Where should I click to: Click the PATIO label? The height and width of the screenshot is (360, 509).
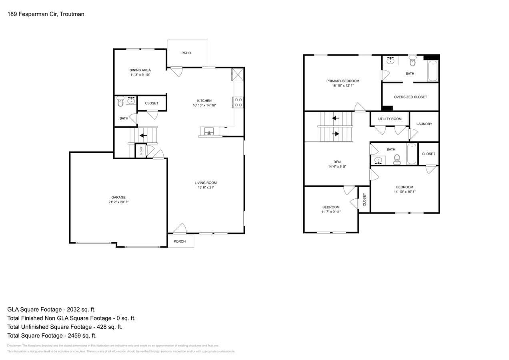pyautogui.click(x=186, y=53)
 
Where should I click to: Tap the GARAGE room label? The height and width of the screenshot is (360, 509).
pyautogui.click(x=118, y=197)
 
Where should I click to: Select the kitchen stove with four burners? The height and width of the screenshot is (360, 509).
pyautogui.click(x=238, y=102)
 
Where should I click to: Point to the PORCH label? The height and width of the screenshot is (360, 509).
pyautogui.click(x=180, y=241)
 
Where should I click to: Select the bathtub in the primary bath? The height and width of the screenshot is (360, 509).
pyautogui.click(x=433, y=71)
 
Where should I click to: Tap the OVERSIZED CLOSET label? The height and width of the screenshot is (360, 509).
pyautogui.click(x=410, y=97)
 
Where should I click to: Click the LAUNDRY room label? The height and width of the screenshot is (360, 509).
pyautogui.click(x=424, y=124)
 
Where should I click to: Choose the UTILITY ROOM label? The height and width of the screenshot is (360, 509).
pyautogui.click(x=390, y=119)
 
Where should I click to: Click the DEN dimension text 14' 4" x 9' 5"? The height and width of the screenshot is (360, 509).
pyautogui.click(x=337, y=167)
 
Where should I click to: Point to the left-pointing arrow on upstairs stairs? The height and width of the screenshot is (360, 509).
pyautogui.click(x=336, y=118)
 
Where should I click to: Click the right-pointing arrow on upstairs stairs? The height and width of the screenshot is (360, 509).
pyautogui.click(x=335, y=134)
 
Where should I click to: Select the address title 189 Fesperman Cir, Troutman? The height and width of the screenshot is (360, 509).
pyautogui.click(x=46, y=14)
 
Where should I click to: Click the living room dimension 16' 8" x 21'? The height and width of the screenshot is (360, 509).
pyautogui.click(x=206, y=188)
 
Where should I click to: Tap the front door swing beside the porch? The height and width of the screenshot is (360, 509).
pyautogui.click(x=180, y=228)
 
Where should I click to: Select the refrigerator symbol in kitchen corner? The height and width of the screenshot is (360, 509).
pyautogui.click(x=238, y=74)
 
